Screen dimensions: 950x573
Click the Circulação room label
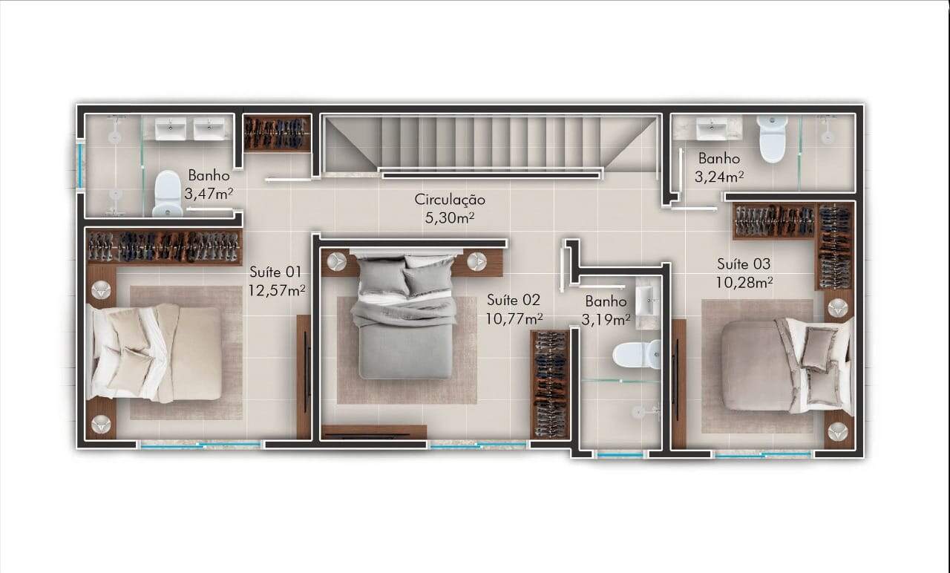click(x=450, y=200)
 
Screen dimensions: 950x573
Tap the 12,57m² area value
click(x=277, y=290)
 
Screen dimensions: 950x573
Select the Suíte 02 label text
click(x=514, y=301)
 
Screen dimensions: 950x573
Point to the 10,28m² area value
click(x=744, y=282)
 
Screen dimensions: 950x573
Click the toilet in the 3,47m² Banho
click(x=168, y=194)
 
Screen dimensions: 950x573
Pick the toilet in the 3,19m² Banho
click(x=637, y=355)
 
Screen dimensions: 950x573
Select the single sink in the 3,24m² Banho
click(x=712, y=129)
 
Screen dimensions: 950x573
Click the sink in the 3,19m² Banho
click(x=648, y=301)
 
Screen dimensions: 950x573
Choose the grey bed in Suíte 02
click(x=405, y=317)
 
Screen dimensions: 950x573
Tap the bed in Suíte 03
click(x=787, y=366)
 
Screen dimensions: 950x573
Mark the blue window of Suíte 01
click(x=200, y=445)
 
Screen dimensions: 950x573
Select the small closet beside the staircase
click(x=278, y=133)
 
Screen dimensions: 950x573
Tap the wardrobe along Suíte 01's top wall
click(x=165, y=247)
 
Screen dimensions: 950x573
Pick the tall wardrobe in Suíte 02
click(x=550, y=384)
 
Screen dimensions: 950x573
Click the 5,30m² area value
click(x=450, y=218)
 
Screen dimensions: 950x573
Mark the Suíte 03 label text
click(x=744, y=263)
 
